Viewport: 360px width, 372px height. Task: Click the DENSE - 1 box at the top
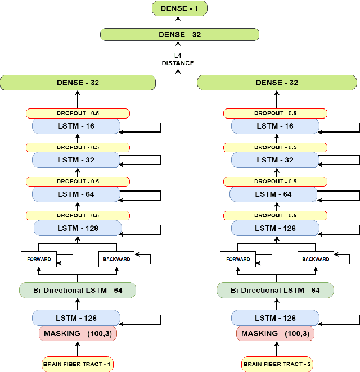179,8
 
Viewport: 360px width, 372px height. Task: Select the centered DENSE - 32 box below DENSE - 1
179,34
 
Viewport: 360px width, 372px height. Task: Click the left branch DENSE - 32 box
78,83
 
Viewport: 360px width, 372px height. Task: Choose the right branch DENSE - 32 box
277,83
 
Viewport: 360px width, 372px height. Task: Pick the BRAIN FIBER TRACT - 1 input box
78,364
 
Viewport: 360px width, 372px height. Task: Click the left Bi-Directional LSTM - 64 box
78,290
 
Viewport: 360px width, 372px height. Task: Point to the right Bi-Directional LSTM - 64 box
276,290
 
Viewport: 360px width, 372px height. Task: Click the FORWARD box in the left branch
39,259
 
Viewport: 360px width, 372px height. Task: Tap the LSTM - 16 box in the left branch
76,126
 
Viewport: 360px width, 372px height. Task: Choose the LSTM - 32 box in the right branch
274,160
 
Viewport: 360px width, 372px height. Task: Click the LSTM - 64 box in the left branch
76,194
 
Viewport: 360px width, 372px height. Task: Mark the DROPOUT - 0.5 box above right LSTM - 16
276,114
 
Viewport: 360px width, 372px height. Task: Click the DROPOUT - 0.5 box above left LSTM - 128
78,216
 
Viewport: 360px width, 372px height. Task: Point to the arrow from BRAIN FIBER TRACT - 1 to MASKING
78,348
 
